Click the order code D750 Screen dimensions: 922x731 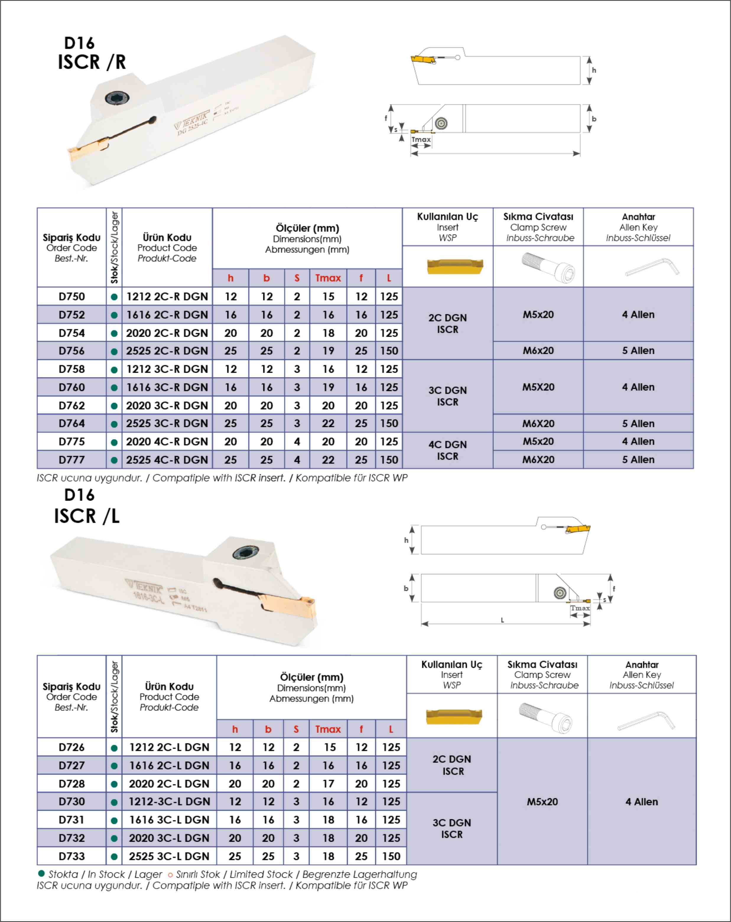(72, 297)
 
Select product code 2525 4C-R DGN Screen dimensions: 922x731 (167, 460)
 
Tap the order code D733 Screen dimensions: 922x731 (72, 856)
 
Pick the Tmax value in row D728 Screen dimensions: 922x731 (328, 783)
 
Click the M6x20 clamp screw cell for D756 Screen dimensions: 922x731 (538, 351)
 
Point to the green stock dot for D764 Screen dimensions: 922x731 (114, 424)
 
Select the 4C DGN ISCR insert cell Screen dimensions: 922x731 (447, 450)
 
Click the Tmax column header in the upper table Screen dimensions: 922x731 (328, 278)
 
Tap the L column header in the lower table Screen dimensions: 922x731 (391, 729)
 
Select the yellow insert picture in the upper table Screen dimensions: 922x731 (455, 266)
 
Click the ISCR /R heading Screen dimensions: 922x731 (92, 62)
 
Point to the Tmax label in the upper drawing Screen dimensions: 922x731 (421, 139)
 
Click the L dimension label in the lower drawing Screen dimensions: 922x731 (502, 620)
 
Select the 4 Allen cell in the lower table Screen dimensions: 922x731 (641, 802)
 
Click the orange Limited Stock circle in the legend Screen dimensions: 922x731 (170, 875)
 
